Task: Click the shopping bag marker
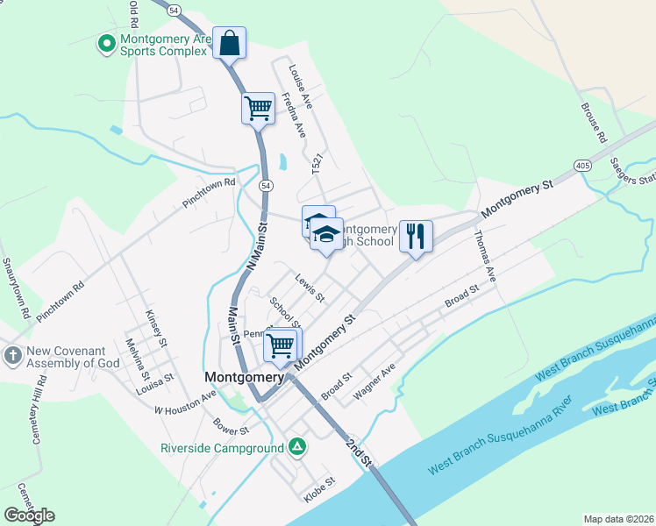(x=229, y=43)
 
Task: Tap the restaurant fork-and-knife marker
(x=416, y=236)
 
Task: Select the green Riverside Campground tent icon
(x=297, y=447)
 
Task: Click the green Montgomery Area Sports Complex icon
(x=106, y=42)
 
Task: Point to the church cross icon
(x=12, y=356)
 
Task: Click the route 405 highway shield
(x=583, y=165)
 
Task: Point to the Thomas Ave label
(x=485, y=255)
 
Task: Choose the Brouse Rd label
(x=593, y=122)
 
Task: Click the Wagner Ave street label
(x=374, y=383)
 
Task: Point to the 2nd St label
(x=360, y=451)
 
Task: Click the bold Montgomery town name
(x=245, y=377)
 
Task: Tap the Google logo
(x=29, y=515)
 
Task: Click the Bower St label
(x=232, y=425)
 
